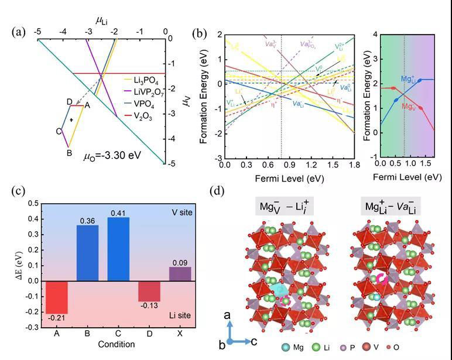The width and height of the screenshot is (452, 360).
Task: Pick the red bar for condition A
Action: [x=57, y=297]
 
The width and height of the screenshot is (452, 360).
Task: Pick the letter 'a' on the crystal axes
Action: [x=229, y=316]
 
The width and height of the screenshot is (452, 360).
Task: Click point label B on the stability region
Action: [x=69, y=153]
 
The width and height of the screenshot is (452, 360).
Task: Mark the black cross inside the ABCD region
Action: [x=72, y=120]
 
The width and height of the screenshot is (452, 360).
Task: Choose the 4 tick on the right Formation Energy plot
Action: [x=372, y=34]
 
